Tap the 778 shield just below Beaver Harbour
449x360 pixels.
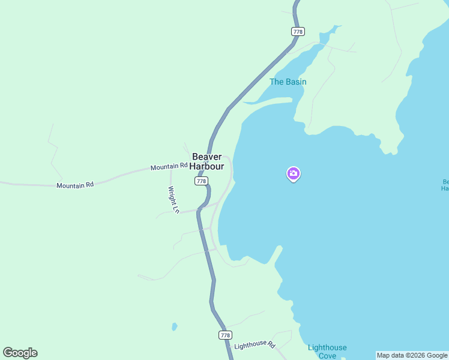click(201, 181)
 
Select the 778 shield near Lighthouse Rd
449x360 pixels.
click(225, 335)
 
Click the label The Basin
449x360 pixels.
click(288, 82)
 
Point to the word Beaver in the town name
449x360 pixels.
click(207, 157)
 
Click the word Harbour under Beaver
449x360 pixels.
click(207, 166)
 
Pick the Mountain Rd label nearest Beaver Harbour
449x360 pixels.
click(169, 166)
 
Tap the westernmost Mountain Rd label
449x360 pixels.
click(75, 185)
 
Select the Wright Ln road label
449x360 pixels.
click(173, 200)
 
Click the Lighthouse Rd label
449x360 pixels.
click(255, 346)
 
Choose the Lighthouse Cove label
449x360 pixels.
click(327, 352)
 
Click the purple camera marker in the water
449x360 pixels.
click(294, 174)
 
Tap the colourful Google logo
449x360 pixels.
click(20, 353)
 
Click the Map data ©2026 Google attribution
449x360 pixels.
click(412, 355)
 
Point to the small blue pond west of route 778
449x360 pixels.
click(175, 327)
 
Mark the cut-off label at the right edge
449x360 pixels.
click(445, 185)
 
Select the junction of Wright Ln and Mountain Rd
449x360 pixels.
click(170, 170)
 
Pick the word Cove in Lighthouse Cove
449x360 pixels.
click(327, 356)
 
